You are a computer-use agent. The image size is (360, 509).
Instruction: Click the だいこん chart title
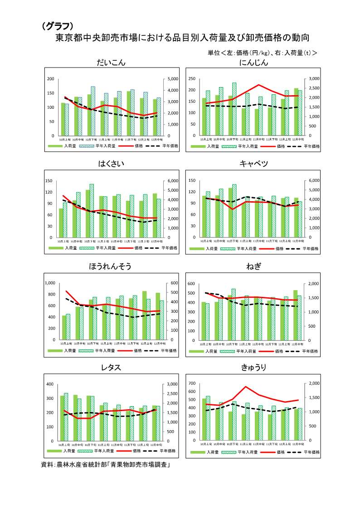tap(111, 63)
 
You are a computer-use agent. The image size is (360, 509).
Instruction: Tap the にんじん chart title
tap(253, 63)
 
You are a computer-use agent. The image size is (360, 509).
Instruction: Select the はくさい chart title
tap(111, 164)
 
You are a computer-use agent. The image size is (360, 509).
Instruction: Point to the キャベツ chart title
tap(253, 164)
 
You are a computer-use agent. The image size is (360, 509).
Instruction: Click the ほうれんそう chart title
tap(111, 267)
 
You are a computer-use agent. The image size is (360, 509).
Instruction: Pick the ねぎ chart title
tap(253, 267)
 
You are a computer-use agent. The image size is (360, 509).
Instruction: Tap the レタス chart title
tap(111, 368)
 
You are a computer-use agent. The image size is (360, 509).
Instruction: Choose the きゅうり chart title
tap(253, 368)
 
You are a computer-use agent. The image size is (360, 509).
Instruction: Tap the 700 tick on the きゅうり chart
tap(192, 383)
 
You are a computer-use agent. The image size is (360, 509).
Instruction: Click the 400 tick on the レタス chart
tap(50, 384)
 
